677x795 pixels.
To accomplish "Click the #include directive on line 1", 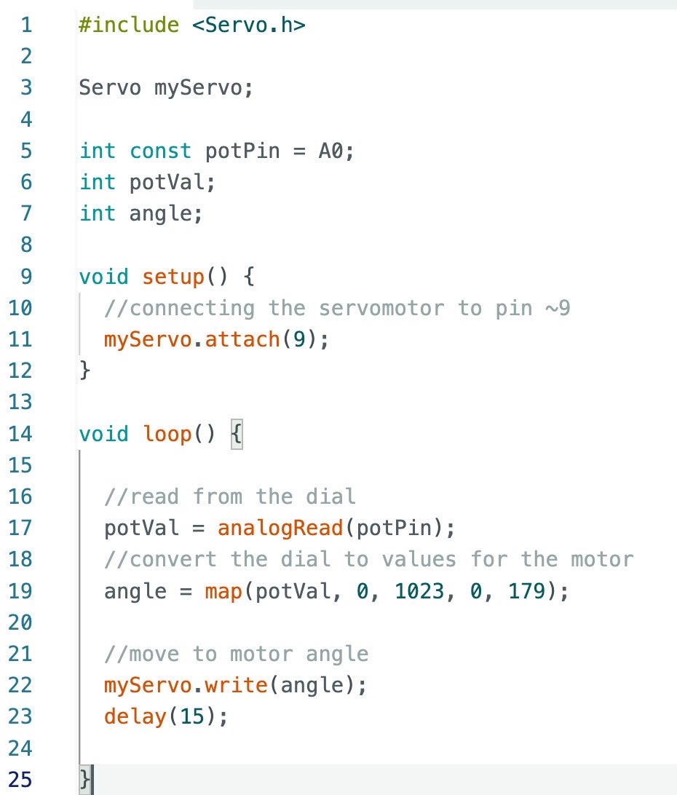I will pos(129,25).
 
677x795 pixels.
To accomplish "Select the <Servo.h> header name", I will pos(249,25).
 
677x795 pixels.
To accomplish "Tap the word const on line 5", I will pos(160,151).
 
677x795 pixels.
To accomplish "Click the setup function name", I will pos(173,277).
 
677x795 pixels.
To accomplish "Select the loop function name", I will pos(167,434).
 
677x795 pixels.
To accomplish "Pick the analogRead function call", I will pos(280,528).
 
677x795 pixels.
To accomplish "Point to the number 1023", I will pos(419,590).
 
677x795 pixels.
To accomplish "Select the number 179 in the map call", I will pos(526,590).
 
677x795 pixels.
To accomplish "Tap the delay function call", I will pos(135,716).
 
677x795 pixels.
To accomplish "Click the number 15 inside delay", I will pos(192,716).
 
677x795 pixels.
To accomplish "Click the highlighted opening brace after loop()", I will pos(236,435).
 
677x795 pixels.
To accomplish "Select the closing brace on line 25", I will pos(86,780).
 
